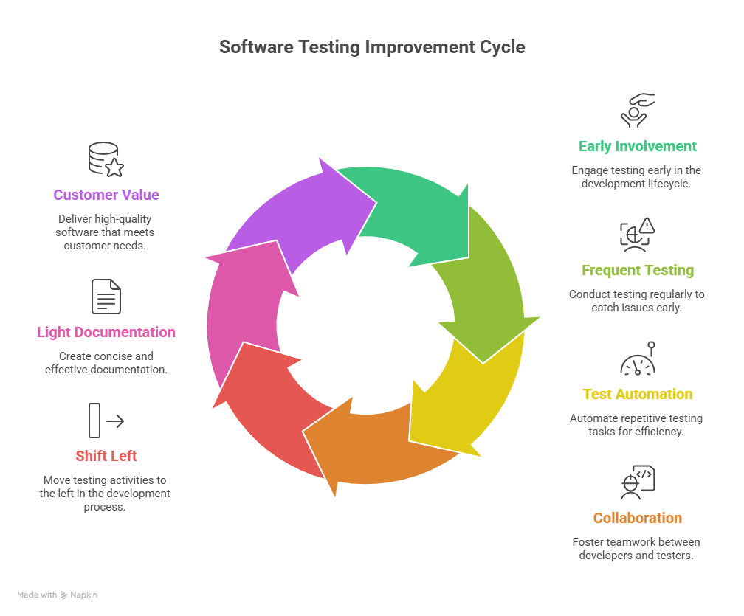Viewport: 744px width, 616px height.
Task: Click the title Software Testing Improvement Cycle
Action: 372,47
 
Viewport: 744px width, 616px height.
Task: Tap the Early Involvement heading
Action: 638,146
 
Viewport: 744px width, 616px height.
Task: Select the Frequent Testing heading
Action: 638,270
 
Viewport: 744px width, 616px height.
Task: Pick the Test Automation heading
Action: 638,394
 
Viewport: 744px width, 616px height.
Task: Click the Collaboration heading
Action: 638,518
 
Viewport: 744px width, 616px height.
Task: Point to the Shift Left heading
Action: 106,456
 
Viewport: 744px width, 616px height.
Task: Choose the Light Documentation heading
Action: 106,332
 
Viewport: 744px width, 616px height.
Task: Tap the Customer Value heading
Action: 106,195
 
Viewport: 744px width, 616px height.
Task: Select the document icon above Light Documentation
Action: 106,297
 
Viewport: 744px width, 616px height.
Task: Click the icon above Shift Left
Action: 106,421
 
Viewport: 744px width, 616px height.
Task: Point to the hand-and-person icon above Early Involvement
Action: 638,111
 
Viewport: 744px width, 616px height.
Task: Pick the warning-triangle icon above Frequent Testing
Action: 638,235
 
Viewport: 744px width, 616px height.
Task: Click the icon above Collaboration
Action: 638,482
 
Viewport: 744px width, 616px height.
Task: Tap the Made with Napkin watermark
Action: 58,595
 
